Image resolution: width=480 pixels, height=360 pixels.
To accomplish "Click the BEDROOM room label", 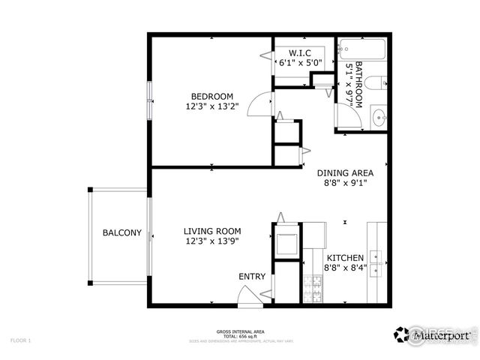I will click(211, 96).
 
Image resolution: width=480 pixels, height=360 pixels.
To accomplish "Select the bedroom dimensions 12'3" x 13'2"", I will click(211, 106).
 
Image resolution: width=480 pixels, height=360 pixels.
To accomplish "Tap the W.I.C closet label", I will click(300, 52).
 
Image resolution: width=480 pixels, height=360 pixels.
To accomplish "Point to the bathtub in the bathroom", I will click(361, 49).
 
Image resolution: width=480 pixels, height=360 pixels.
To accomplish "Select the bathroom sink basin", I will click(379, 116).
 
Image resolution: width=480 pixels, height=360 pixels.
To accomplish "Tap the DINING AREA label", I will click(344, 172).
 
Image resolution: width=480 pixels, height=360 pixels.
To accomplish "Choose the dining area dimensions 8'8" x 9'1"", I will click(344, 182).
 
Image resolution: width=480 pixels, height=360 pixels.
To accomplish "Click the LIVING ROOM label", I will click(212, 231).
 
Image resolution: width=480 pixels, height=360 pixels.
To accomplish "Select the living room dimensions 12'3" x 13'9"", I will click(212, 241).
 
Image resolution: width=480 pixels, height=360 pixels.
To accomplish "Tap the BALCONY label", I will click(121, 233).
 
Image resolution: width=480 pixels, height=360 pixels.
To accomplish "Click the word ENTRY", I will click(252, 277).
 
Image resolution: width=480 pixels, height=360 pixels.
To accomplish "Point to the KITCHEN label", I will click(345, 257).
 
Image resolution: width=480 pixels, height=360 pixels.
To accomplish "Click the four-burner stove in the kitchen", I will click(311, 289).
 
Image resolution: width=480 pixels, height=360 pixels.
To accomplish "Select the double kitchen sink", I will click(378, 259).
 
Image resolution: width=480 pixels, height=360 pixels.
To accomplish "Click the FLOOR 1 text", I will click(20, 340).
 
